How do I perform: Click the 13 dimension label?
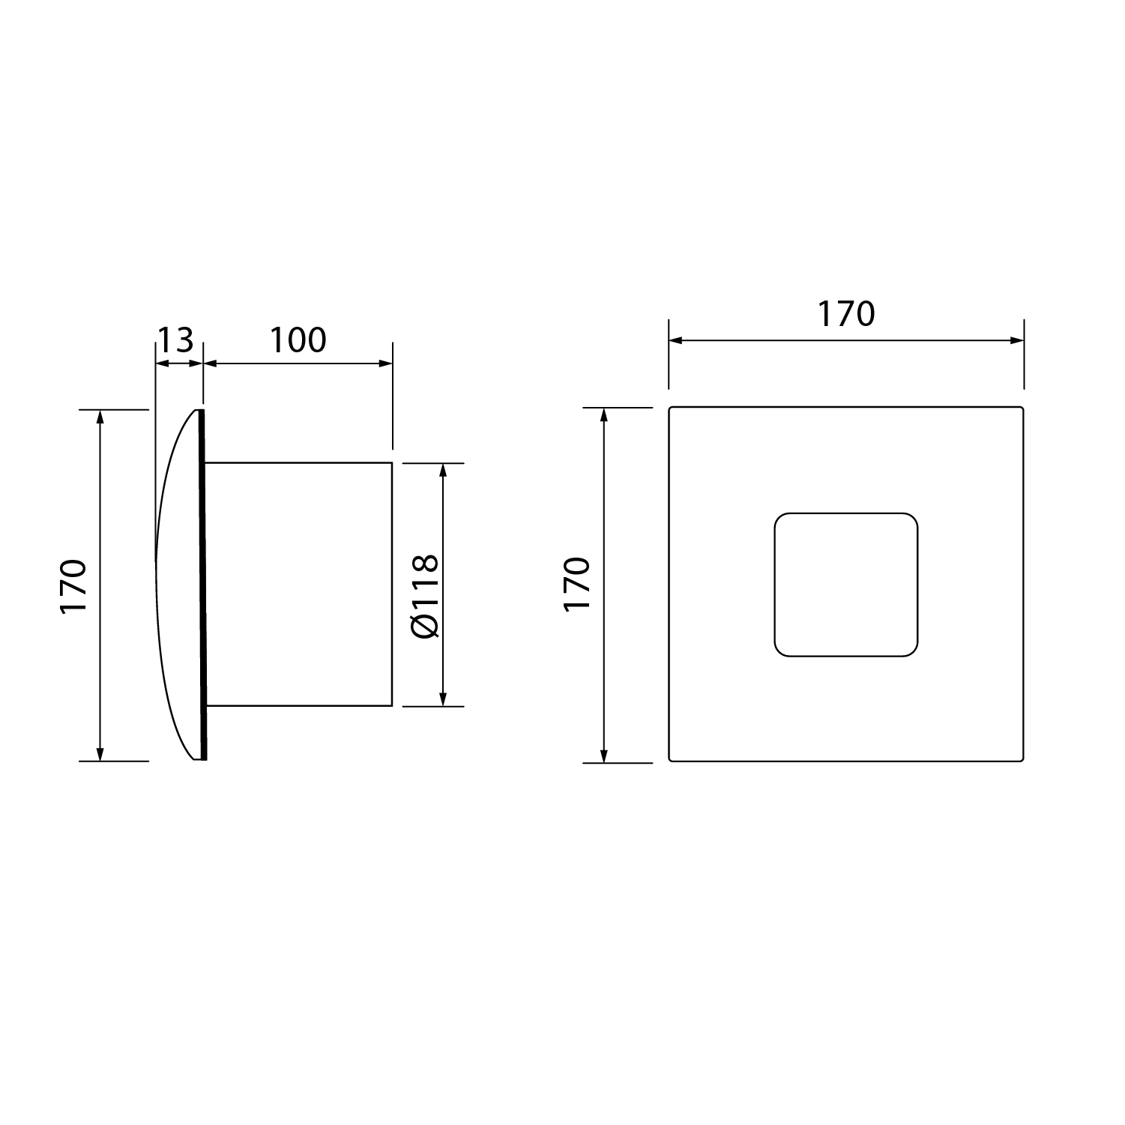tap(175, 340)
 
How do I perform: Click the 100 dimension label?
tap(298, 340)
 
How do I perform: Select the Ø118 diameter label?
tap(425, 597)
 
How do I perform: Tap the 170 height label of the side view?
tap(74, 586)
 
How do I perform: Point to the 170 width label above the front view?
tap(846, 314)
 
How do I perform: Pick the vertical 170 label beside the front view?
tap(578, 585)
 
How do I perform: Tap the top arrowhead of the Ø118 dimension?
tap(443, 470)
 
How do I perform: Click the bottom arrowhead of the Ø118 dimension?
tap(443, 699)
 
